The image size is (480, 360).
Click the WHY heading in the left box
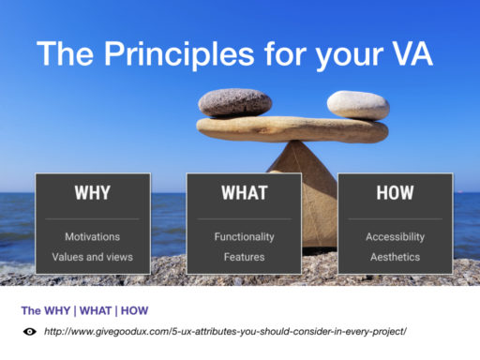click(x=92, y=193)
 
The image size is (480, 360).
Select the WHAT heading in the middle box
click(x=244, y=193)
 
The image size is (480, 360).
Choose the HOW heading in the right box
click(x=395, y=193)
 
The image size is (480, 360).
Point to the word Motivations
click(x=92, y=237)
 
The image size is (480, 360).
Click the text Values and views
click(x=92, y=256)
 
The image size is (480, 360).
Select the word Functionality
click(x=244, y=237)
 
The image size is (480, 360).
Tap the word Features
click(x=244, y=256)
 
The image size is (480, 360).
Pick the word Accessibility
click(x=395, y=237)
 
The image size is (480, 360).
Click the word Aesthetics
click(x=395, y=256)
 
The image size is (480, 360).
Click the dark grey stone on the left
click(x=235, y=102)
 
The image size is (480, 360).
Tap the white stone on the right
click(x=358, y=105)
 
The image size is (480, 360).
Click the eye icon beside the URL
click(x=29, y=332)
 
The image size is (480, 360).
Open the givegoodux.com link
click(x=225, y=332)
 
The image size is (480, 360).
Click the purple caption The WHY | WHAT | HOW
click(x=84, y=310)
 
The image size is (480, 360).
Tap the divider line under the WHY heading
click(x=92, y=218)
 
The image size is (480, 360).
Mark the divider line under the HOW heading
click(x=395, y=218)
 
